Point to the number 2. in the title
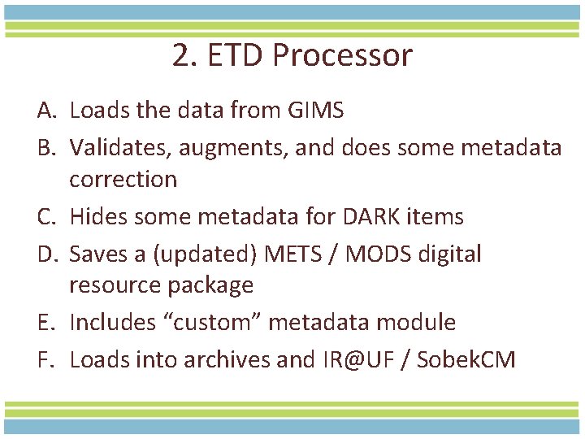(184, 56)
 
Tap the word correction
(123, 179)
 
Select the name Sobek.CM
(466, 359)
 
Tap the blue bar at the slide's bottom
(292, 426)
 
